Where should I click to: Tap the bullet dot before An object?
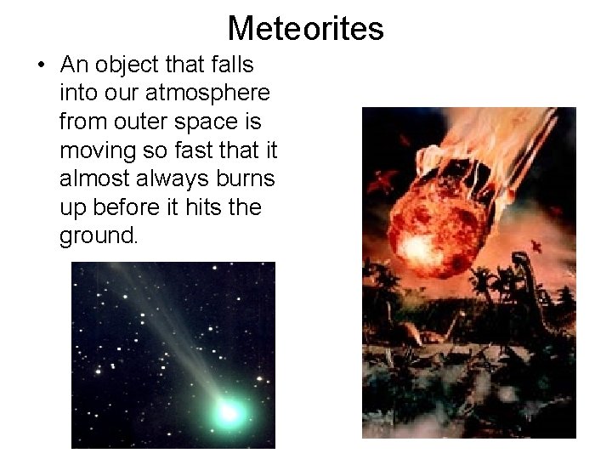(x=42, y=65)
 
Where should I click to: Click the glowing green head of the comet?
(x=228, y=411)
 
